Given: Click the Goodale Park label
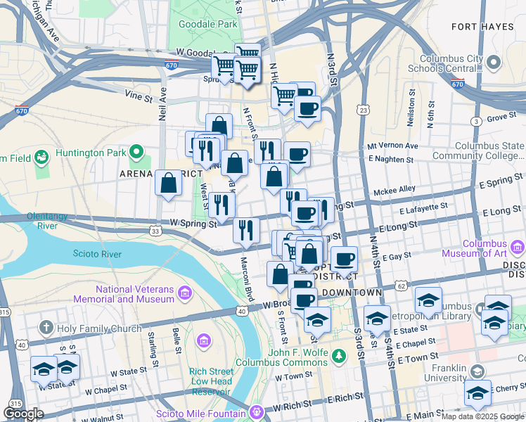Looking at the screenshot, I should click(207, 24).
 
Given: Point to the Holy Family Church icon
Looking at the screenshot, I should click(46, 328).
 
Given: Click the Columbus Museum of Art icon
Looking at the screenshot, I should click(518, 247).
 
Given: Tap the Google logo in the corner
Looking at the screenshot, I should click(23, 414).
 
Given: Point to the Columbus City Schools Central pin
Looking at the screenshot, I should click(493, 63).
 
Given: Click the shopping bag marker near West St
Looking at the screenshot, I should click(168, 184).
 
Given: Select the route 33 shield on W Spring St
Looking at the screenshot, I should click(155, 230).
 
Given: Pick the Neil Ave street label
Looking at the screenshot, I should click(162, 103).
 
